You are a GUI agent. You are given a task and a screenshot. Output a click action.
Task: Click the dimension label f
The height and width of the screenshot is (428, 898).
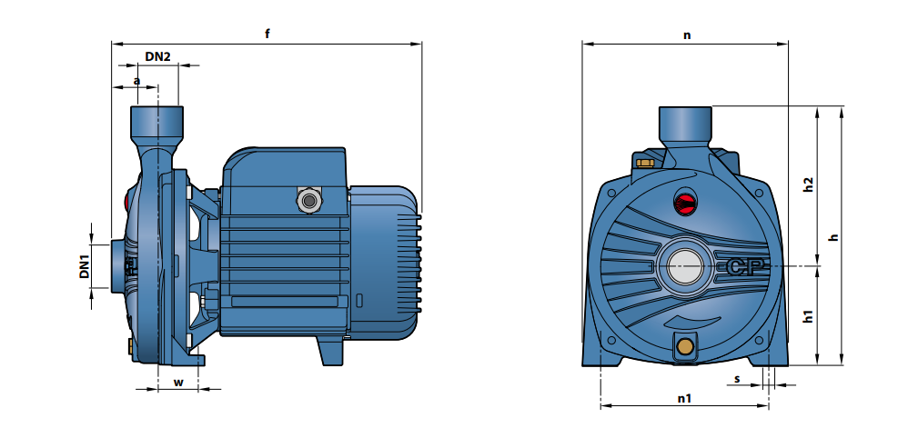(267, 34)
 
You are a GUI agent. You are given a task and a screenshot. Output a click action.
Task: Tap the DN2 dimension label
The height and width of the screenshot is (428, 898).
(157, 56)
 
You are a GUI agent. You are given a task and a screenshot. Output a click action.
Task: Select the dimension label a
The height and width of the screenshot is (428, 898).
(136, 81)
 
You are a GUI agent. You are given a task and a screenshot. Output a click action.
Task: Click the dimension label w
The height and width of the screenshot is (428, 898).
(178, 383)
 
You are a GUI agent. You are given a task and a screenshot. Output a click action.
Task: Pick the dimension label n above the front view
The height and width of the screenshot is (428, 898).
(687, 35)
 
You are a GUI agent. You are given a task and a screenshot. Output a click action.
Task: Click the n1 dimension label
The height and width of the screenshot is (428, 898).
(684, 398)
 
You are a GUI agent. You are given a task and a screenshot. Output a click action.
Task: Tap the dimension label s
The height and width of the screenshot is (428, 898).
(737, 379)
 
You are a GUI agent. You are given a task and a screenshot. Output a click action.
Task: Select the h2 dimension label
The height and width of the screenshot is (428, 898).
(808, 184)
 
